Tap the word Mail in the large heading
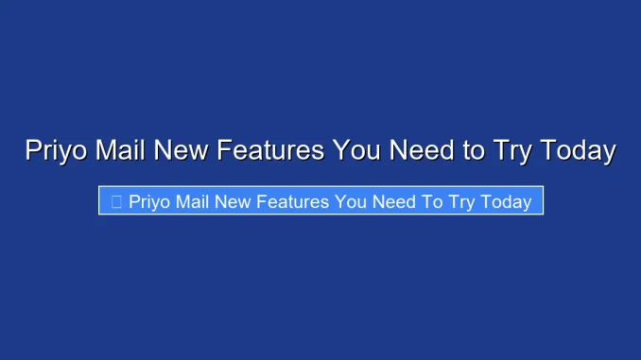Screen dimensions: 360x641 tap(121, 150)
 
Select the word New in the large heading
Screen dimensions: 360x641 tap(181, 150)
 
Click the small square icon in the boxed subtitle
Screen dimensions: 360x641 tap(115, 202)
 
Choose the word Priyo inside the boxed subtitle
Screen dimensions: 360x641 tap(150, 202)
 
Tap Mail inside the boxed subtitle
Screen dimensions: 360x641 tap(195, 202)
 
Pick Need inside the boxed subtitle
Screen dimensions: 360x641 tap(394, 202)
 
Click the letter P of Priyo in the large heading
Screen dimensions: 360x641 tap(33, 150)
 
